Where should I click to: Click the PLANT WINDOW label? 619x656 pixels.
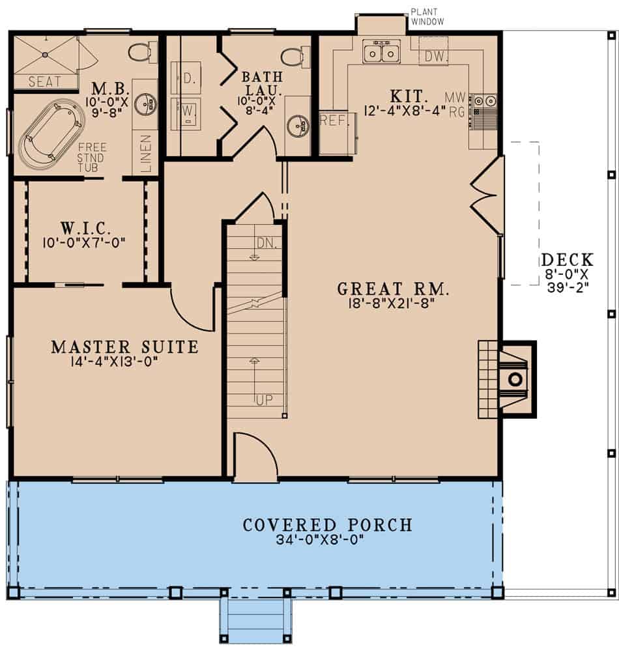click(427, 17)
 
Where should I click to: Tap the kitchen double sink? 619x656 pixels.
click(381, 51)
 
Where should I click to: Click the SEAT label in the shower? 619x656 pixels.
click(44, 82)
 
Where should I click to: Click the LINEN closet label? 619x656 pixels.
click(146, 154)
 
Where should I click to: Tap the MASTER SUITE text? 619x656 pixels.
click(124, 347)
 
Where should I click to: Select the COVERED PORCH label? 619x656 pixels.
click(327, 524)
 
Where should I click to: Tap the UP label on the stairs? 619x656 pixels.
click(263, 399)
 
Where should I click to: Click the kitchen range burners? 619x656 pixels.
click(485, 101)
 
